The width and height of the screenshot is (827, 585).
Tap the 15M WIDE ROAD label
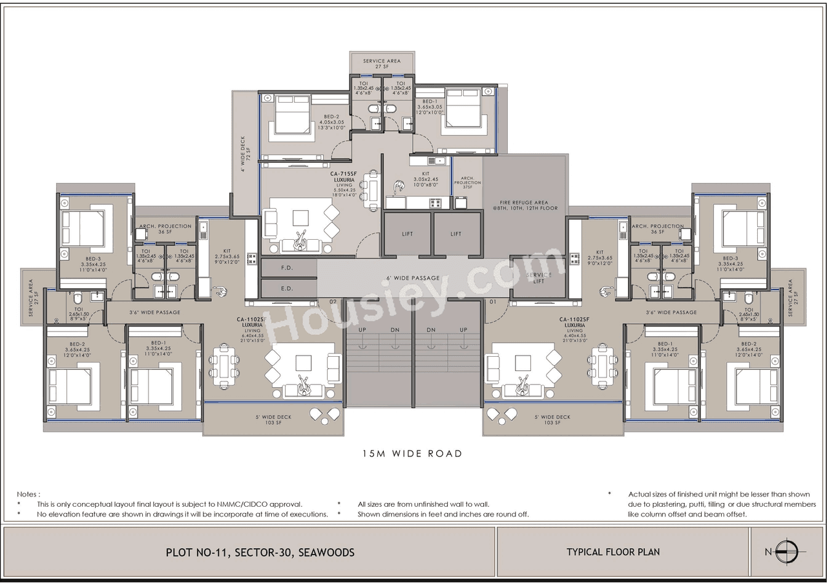pyautogui.click(x=412, y=454)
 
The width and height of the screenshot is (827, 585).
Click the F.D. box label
pyautogui.click(x=288, y=267)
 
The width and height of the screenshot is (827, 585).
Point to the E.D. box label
pyautogui.click(x=288, y=288)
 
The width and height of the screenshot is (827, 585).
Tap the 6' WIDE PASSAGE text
pyautogui.click(x=413, y=278)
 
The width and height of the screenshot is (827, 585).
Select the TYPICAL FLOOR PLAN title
pyautogui.click(x=613, y=552)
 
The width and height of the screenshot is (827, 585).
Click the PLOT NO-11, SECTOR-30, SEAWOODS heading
pyautogui.click(x=260, y=553)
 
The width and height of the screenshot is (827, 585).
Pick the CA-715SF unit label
pyautogui.click(x=344, y=173)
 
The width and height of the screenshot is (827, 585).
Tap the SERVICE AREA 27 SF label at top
pyautogui.click(x=381, y=63)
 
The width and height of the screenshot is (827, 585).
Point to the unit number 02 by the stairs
pyautogui.click(x=333, y=302)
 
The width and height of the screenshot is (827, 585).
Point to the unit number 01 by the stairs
pyautogui.click(x=493, y=302)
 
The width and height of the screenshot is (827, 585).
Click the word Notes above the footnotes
pyautogui.click(x=28, y=494)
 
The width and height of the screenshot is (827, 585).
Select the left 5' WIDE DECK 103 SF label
pyautogui.click(x=273, y=420)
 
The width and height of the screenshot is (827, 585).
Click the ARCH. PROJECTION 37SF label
pyautogui.click(x=467, y=183)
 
